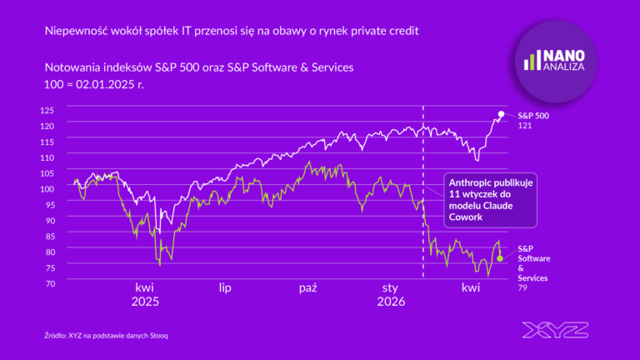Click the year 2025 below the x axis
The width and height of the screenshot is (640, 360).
tap(144, 302)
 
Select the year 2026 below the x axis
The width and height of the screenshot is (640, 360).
tap(390, 302)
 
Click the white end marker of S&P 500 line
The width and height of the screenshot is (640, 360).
tap(501, 113)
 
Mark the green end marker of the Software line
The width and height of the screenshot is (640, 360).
tap(500, 258)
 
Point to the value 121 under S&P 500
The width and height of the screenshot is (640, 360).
tap(525, 125)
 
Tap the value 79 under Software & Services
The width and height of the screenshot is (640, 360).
tap(523, 288)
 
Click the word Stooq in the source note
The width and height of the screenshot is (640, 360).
tap(167, 335)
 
